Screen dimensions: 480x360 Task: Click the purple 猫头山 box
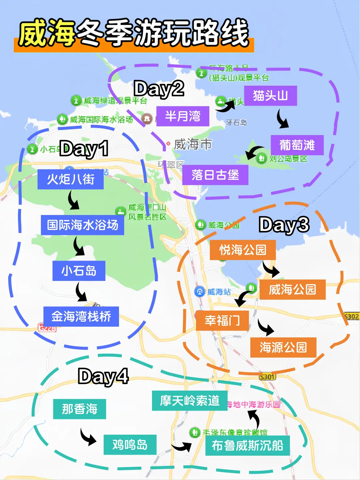pyautogui.click(x=270, y=96)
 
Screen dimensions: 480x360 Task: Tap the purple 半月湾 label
pyautogui.click(x=183, y=116)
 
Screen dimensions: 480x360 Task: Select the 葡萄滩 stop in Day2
pyautogui.click(x=297, y=145)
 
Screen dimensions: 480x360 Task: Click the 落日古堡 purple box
pyautogui.click(x=215, y=175)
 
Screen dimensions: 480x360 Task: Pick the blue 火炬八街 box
pyautogui.click(x=70, y=179)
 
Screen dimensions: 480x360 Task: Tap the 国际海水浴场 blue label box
pyautogui.click(x=82, y=225)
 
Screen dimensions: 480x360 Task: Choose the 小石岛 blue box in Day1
pyautogui.click(x=79, y=271)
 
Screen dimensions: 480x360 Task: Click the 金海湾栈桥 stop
pyautogui.click(x=81, y=316)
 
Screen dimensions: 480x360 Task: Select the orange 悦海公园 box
pyautogui.click(x=243, y=250)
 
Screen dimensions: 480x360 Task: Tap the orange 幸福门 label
pyautogui.click(x=222, y=321)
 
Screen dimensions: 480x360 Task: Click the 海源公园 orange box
pyautogui.click(x=283, y=348)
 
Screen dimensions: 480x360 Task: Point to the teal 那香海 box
pyautogui.click(x=79, y=409)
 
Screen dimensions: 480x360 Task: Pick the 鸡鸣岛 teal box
pyautogui.click(x=130, y=445)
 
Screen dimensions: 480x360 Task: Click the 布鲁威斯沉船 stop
pyautogui.click(x=247, y=445)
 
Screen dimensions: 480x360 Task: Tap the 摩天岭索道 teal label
pyautogui.click(x=190, y=401)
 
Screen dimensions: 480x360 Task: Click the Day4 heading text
pyautogui.click(x=103, y=376)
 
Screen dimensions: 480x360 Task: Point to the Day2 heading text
pyautogui.click(x=159, y=89)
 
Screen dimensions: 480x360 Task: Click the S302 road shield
pyautogui.click(x=352, y=316)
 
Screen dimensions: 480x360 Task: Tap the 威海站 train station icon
pyautogui.click(x=199, y=292)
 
